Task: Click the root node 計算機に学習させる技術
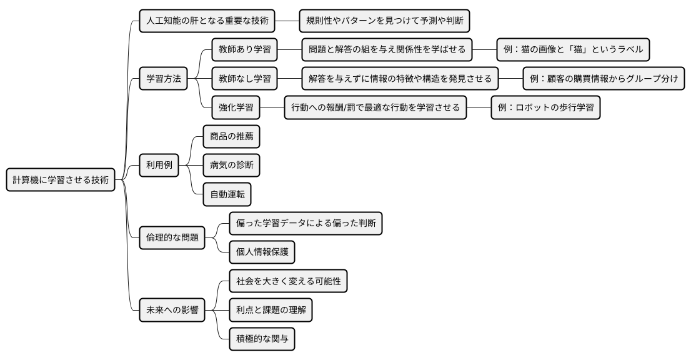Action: coord(61,180)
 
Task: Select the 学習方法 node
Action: coord(163,79)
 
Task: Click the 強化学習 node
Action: coord(236,107)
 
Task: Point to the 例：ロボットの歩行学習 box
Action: coord(545,107)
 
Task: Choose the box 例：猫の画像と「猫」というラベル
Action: coord(573,49)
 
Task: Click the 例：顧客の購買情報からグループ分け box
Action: coord(604,79)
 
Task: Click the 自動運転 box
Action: coord(227,195)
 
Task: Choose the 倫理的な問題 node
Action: coord(172,237)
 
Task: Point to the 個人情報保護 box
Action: coord(262,252)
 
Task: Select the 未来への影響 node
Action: coord(172,310)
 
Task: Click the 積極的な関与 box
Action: coord(262,339)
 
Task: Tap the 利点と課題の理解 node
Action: coord(271,310)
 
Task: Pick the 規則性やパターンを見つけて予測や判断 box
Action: coord(384,21)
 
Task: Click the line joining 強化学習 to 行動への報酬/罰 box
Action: coord(272,107)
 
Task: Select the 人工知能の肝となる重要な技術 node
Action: coord(207,21)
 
